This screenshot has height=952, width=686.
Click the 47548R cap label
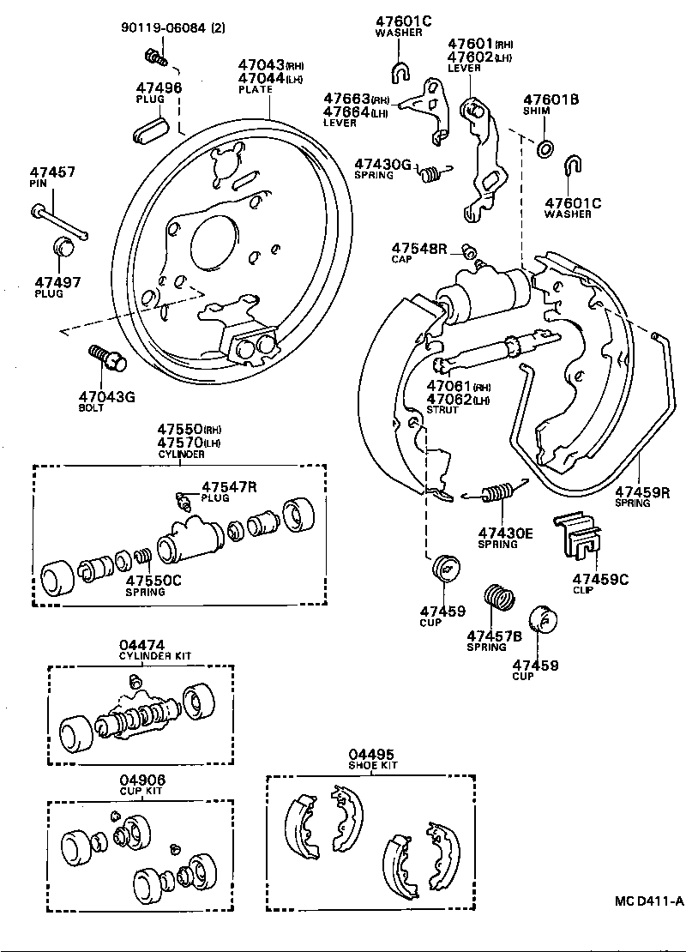[x=420, y=248]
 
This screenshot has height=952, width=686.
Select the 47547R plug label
[x=229, y=486]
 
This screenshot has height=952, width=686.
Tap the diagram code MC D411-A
[x=648, y=901]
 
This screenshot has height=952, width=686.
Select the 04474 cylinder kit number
[x=142, y=645]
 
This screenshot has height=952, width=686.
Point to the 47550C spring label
[x=153, y=581]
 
